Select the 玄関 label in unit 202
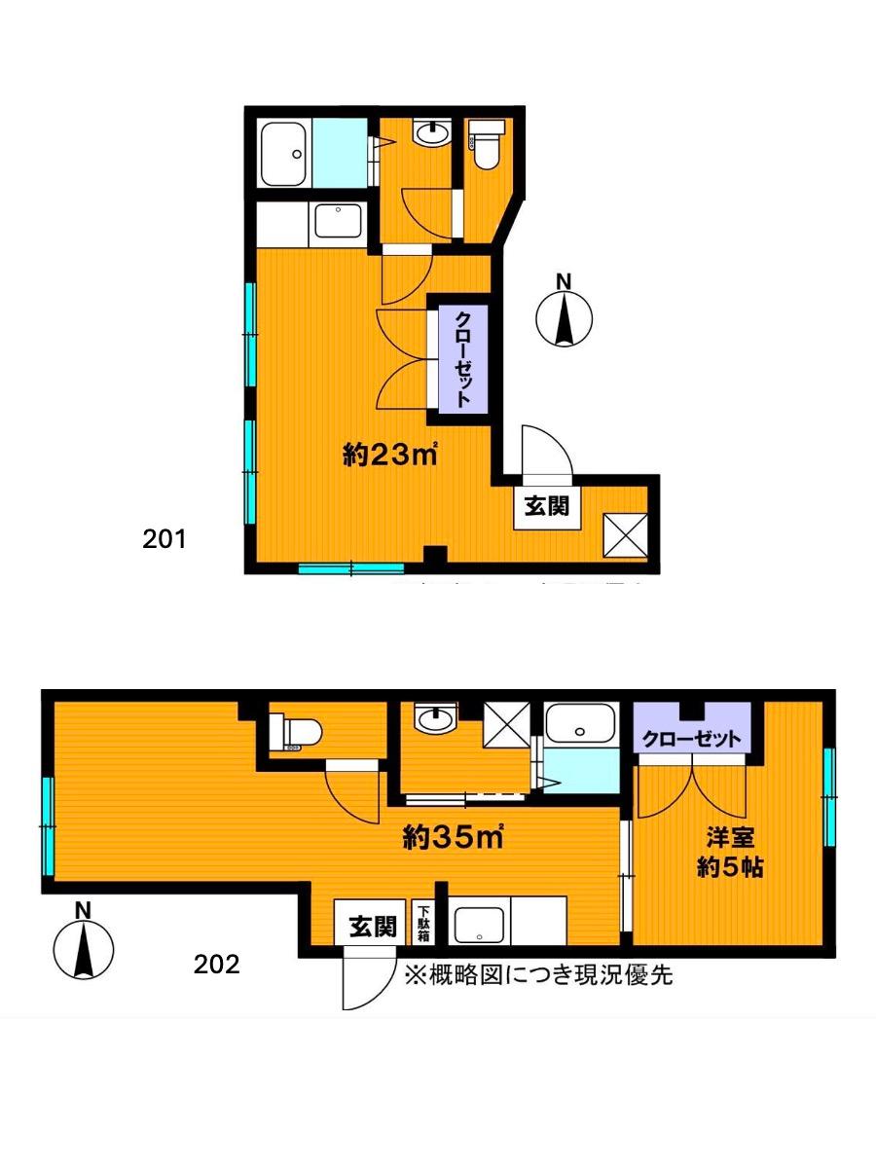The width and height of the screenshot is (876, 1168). [372, 926]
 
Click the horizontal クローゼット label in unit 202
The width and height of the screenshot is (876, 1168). [692, 739]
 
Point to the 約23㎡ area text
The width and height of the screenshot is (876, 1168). [388, 454]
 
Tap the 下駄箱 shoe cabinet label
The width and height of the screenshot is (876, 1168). [424, 924]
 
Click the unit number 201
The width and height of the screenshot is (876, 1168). [164, 538]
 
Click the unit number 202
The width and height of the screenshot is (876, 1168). [216, 965]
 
